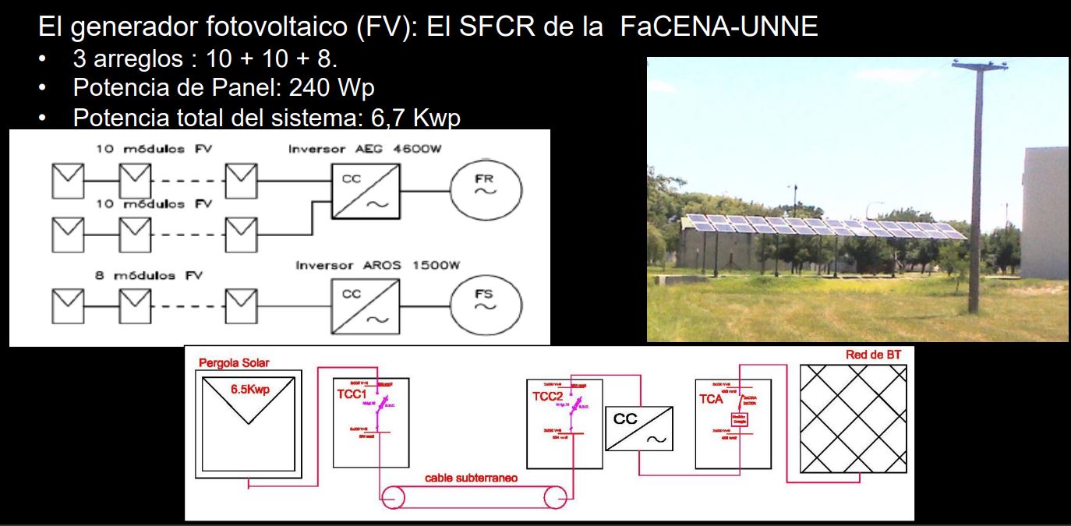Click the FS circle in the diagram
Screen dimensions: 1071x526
point(485,300)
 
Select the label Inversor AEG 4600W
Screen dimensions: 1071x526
point(365,150)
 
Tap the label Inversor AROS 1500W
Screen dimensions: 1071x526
point(378,266)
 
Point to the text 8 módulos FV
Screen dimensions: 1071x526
point(148,276)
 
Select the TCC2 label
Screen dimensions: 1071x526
point(548,397)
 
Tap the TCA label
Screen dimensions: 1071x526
point(711,399)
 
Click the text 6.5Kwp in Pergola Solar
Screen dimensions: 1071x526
point(249,390)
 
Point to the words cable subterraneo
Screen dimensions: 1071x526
point(471,478)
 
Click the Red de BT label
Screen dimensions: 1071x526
point(873,355)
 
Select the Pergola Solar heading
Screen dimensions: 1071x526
point(234,363)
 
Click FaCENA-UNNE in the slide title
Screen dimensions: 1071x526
point(719,27)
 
